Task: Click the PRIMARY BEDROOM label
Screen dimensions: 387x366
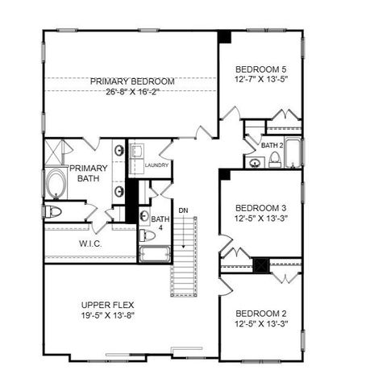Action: [x=132, y=81]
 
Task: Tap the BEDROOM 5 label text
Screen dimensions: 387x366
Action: [x=260, y=69]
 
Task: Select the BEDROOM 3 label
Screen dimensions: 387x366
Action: [x=260, y=206]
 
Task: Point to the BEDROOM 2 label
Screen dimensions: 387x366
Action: [x=260, y=313]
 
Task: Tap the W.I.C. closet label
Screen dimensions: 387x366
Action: [x=89, y=243]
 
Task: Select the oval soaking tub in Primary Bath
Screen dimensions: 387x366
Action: [x=56, y=185]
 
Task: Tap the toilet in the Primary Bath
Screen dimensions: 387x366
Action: [x=53, y=212]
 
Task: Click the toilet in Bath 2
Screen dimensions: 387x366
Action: [x=274, y=161]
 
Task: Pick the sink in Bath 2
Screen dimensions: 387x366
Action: [x=255, y=162]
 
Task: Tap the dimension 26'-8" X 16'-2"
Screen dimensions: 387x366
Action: [x=132, y=93]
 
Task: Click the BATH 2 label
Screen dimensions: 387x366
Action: [x=272, y=146]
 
